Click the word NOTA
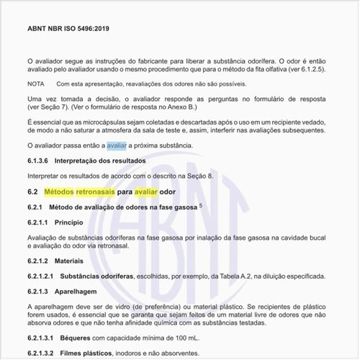pos(36,84)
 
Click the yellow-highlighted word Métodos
pos(64,192)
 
